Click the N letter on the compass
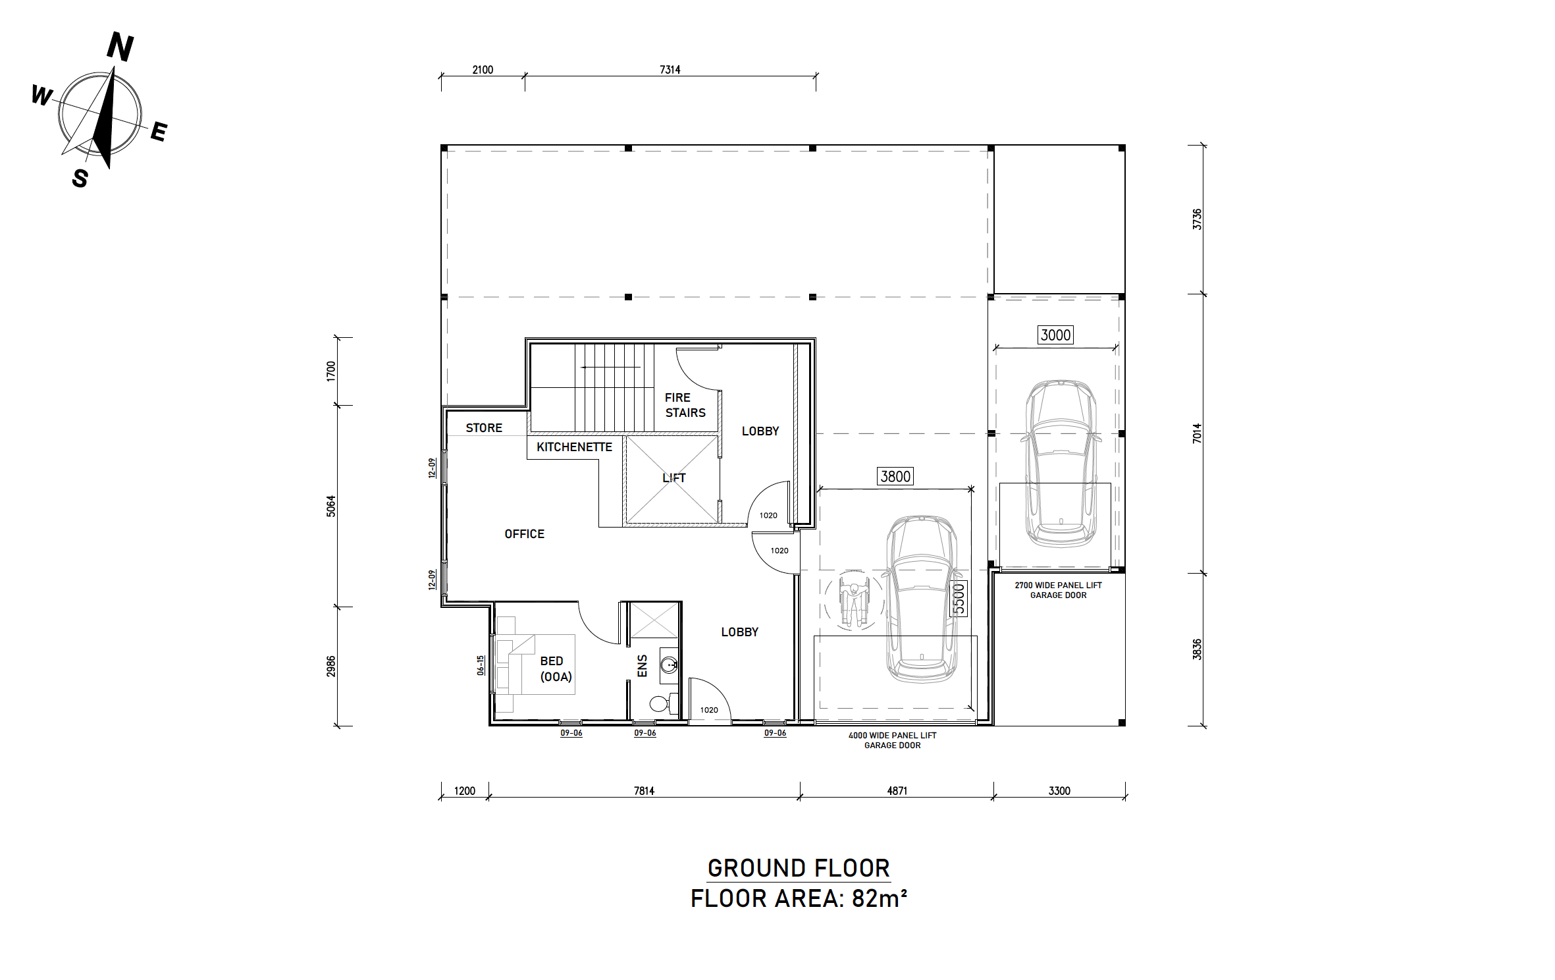coord(120,47)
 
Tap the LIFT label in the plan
coord(674,477)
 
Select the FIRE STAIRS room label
coord(685,405)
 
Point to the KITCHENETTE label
coord(574,447)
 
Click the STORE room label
coord(484,428)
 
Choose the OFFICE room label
coord(525,534)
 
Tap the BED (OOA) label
coord(556,669)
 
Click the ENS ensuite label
coord(643,665)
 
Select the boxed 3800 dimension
coord(895,476)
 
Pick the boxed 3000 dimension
coord(1055,335)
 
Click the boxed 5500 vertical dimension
coord(959,599)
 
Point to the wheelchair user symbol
coord(854,599)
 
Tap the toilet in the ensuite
coord(664,703)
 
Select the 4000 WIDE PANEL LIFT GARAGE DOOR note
coord(892,740)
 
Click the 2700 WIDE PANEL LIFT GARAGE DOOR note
coord(1058,590)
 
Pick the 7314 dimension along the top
coord(670,70)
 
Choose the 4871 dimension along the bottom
coord(897,791)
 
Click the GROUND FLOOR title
coord(799,868)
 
